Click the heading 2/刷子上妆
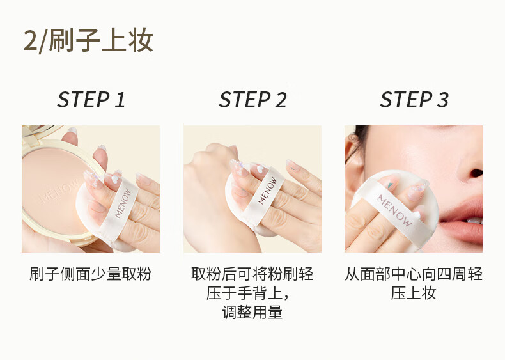[x=89, y=41]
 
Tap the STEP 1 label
[x=91, y=100]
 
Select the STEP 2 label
[x=252, y=100]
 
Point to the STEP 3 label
[x=414, y=100]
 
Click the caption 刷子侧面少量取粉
[x=91, y=274]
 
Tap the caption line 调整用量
[x=252, y=312]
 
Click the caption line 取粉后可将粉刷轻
[x=252, y=274]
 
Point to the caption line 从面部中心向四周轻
[x=414, y=274]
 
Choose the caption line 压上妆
[x=414, y=293]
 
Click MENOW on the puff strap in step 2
[x=267, y=191]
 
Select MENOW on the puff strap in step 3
[x=394, y=210]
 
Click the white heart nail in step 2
[x=261, y=169]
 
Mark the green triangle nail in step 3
[x=391, y=185]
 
